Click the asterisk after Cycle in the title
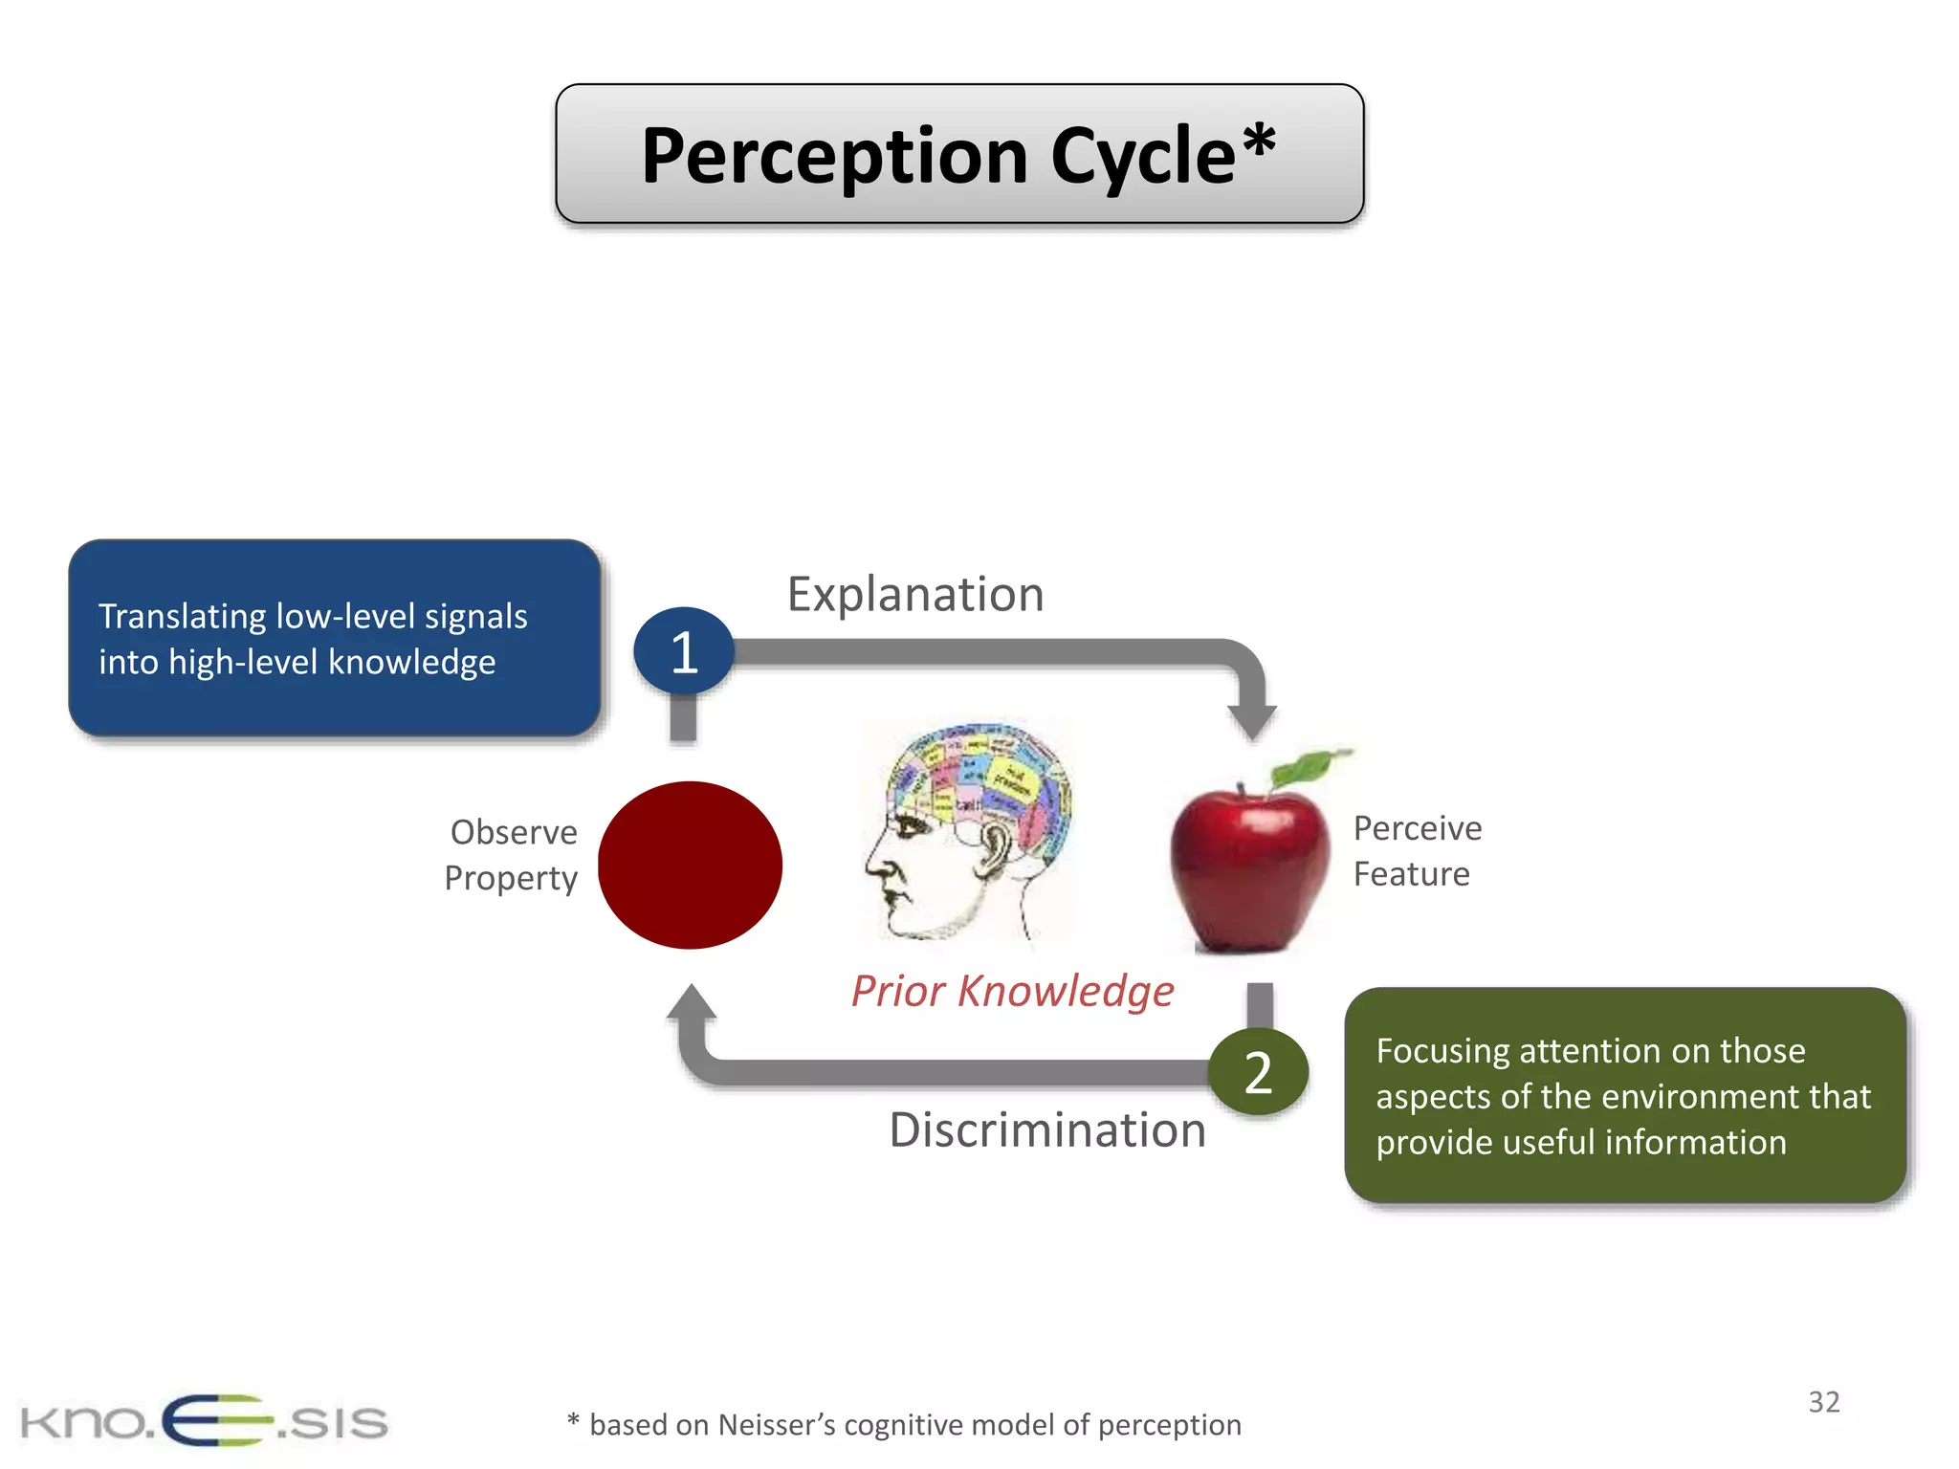pyautogui.click(x=1259, y=142)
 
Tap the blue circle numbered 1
pyautogui.click(x=683, y=652)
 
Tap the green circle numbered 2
pyautogui.click(x=1258, y=1072)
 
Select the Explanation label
pyautogui.click(x=914, y=595)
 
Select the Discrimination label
pyautogui.click(x=1046, y=1130)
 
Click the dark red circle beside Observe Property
pyautogui.click(x=690, y=865)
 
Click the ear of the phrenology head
pyautogui.click(x=993, y=847)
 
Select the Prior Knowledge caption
pyautogui.click(x=1012, y=991)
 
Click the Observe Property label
pyautogui.click(x=512, y=855)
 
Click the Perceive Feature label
pyautogui.click(x=1416, y=851)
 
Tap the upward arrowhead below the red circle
pyautogui.click(x=692, y=1004)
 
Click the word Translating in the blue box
pyautogui.click(x=183, y=617)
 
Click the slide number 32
pyautogui.click(x=1823, y=1402)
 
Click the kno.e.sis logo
pyautogui.click(x=204, y=1421)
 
